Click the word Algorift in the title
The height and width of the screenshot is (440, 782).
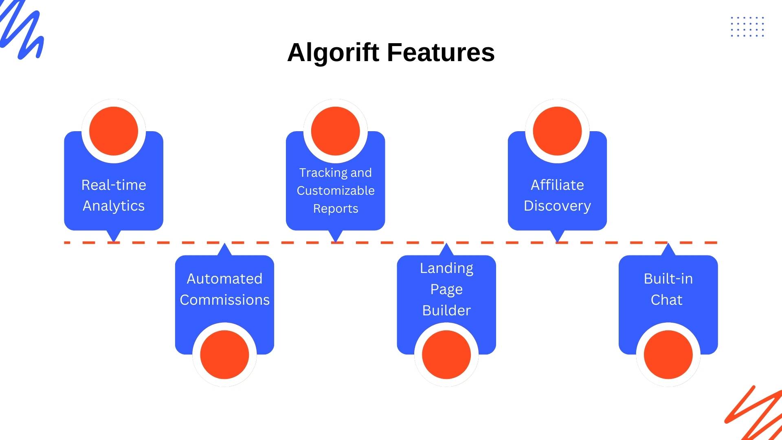[x=333, y=53]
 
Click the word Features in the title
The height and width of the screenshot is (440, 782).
[x=441, y=52]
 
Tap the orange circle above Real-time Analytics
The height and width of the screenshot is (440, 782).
[x=114, y=131]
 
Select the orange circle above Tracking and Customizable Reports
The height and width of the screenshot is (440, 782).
[x=336, y=131]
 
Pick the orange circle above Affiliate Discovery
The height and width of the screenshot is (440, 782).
[x=557, y=131]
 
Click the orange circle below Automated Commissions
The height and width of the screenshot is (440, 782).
[x=224, y=354]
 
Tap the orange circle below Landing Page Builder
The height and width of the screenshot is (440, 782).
[x=446, y=354]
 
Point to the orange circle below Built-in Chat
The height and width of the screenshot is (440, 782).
[x=668, y=354]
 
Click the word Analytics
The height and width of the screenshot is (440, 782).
[x=114, y=206]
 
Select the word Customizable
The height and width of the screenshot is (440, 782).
[x=336, y=191]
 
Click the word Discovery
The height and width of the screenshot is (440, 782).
[x=557, y=206]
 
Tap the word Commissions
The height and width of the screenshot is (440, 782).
[x=224, y=300]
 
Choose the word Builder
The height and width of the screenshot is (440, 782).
[x=446, y=310]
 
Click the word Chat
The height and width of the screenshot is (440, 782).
[x=666, y=300]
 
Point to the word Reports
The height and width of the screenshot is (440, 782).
[x=336, y=209]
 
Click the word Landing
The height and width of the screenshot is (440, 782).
[x=446, y=268]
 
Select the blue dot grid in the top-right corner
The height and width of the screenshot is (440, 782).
[x=747, y=27]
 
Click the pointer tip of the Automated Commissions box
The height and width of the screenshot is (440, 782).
[x=224, y=243]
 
